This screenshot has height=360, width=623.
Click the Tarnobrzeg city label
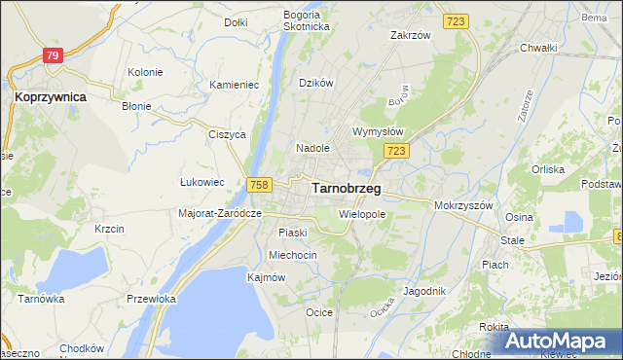click(x=346, y=189)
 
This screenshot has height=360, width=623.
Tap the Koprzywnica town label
click(x=51, y=97)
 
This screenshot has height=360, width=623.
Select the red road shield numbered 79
click(x=53, y=56)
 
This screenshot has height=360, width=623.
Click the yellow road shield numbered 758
click(x=259, y=185)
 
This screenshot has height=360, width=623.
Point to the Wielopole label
click(x=362, y=213)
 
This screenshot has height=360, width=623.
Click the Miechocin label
click(x=293, y=255)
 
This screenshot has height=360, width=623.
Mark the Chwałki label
click(x=537, y=48)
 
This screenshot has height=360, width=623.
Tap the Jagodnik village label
click(x=423, y=291)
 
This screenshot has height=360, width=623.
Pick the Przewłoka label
click(x=150, y=300)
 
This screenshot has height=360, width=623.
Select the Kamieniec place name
click(x=234, y=85)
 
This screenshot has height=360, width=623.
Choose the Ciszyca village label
click(x=226, y=135)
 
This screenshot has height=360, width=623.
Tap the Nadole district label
click(x=313, y=148)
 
